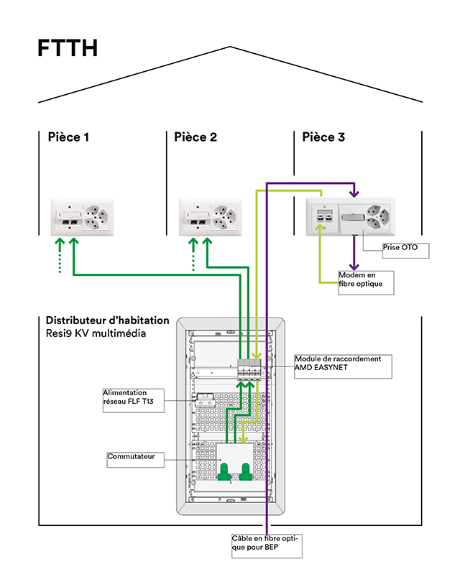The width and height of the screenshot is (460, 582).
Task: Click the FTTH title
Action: click(68, 49)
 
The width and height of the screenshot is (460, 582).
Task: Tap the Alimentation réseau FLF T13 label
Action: click(133, 400)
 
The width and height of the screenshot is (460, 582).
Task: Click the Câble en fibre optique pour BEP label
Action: click(266, 545)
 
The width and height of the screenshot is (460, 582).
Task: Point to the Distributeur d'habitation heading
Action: click(108, 320)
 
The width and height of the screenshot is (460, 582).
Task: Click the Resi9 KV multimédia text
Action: click(96, 333)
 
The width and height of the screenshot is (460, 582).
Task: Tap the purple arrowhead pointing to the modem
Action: click(353, 264)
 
